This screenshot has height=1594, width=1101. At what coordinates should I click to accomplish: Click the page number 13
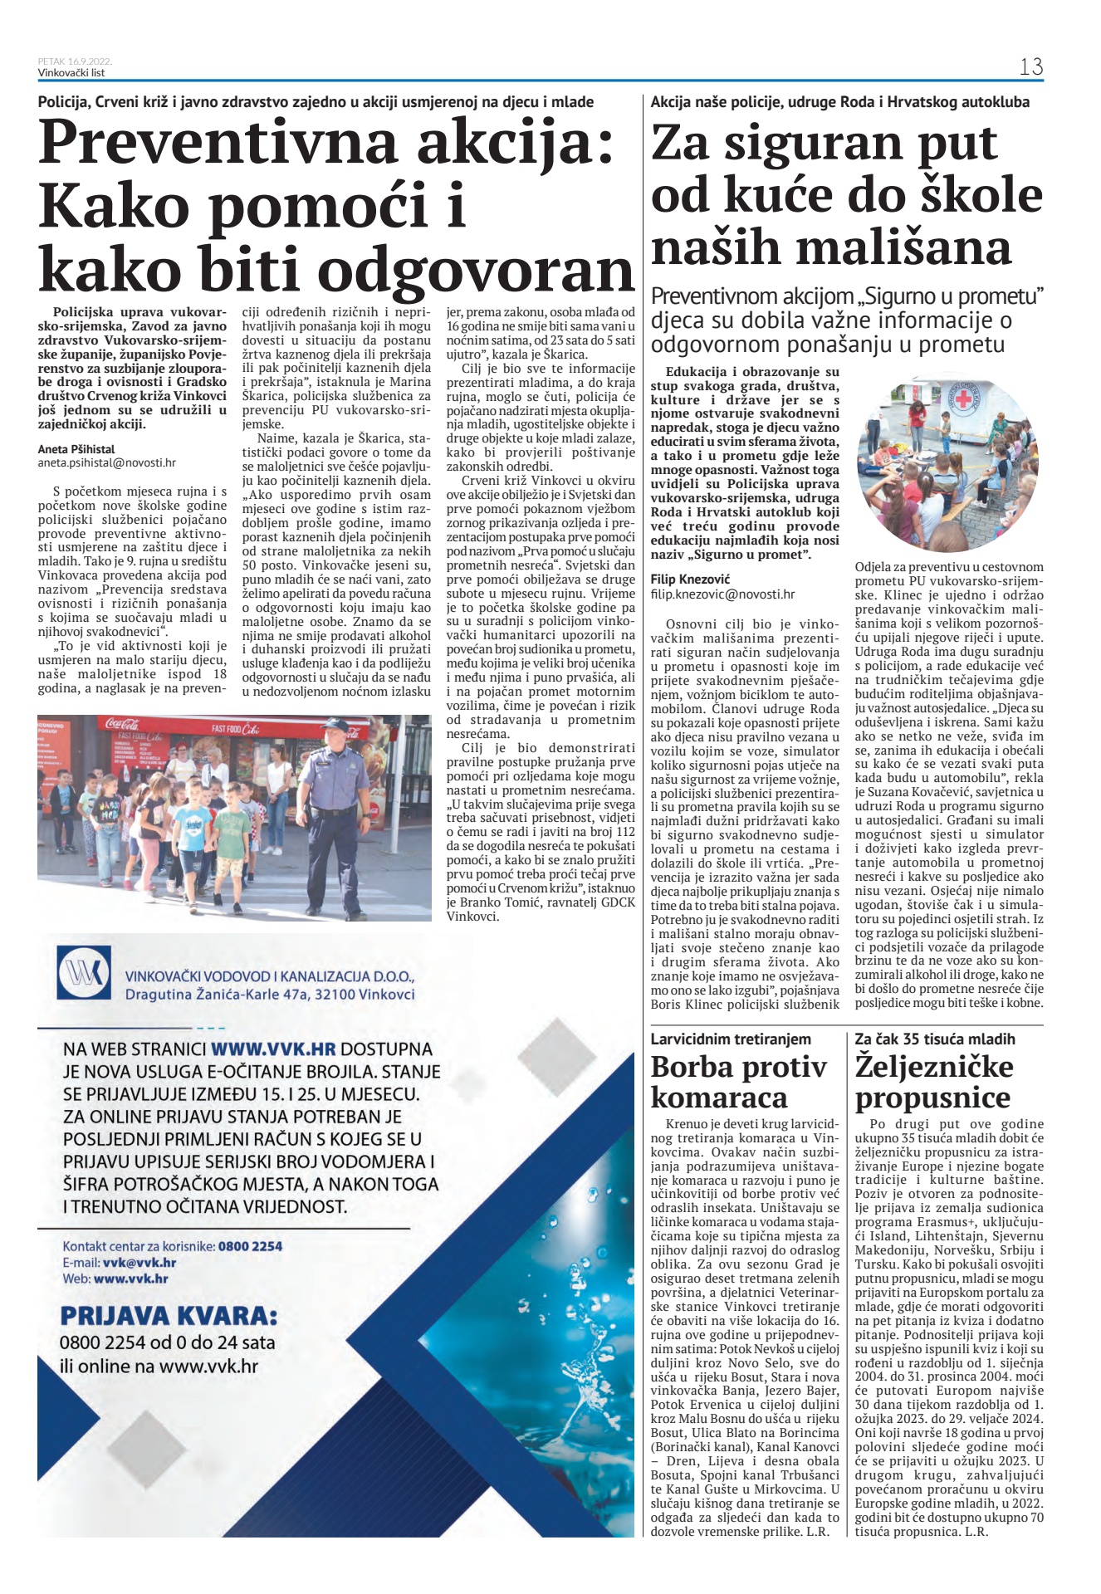pyautogui.click(x=1030, y=67)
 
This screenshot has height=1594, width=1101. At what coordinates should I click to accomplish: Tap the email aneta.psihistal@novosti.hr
pyautogui.click(x=107, y=463)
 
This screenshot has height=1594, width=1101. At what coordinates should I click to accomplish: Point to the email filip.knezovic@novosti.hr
pyautogui.click(x=722, y=594)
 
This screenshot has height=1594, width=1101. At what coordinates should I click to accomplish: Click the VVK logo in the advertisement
pyautogui.click(x=84, y=971)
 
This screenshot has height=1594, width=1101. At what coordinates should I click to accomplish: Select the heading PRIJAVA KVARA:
pyautogui.click(x=169, y=1317)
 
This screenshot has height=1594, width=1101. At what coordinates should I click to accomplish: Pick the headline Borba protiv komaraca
pyautogui.click(x=738, y=1082)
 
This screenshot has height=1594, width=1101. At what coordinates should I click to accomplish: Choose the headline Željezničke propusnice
pyautogui.click(x=934, y=1082)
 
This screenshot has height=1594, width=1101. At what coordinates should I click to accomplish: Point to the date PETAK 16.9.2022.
pyautogui.click(x=75, y=61)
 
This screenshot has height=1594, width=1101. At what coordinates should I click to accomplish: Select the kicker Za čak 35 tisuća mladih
pyautogui.click(x=935, y=1039)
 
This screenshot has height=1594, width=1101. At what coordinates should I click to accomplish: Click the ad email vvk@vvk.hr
pyautogui.click(x=139, y=1263)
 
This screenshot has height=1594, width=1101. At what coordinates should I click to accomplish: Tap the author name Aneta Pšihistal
pyautogui.click(x=76, y=449)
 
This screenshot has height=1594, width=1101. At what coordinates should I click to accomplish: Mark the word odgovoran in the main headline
pyautogui.click(x=477, y=271)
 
